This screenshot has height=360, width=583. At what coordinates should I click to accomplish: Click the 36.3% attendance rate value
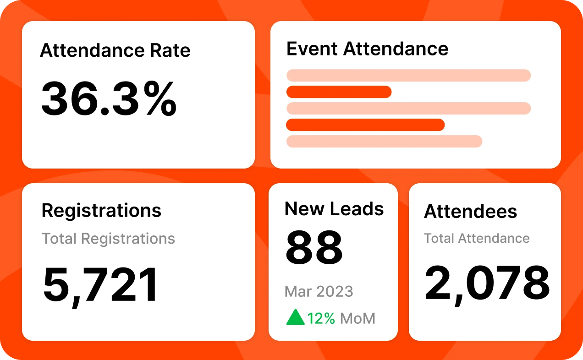pos(109,99)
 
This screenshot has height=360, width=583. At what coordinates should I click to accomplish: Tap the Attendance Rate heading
pos(115,50)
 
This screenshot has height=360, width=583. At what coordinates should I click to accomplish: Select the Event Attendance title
pos(367,49)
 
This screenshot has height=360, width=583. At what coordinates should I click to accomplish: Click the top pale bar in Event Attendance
pos(408,75)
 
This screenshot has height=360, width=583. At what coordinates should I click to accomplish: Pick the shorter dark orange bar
pos(339,92)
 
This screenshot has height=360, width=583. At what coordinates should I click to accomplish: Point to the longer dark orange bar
pos(365,125)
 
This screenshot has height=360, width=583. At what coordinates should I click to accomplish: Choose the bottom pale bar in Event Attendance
pos(384,141)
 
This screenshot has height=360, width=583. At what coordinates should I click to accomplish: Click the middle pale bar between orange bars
pos(408,108)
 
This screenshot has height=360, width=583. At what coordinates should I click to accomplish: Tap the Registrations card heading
pos(101,210)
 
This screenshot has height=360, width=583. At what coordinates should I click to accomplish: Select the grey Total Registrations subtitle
pos(108,238)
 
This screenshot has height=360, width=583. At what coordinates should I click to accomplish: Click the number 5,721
pos(101,284)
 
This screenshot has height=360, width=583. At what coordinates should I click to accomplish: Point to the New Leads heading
pos(334,208)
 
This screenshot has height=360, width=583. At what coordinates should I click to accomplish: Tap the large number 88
pos(314,248)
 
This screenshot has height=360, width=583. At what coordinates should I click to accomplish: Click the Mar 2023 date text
pos(319,291)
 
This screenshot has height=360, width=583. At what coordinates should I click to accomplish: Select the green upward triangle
pos(295,317)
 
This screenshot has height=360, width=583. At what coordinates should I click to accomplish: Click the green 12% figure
pos(321,318)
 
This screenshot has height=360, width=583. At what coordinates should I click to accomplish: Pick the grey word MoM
pos(357,318)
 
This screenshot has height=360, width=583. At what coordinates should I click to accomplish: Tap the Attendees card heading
pos(470,211)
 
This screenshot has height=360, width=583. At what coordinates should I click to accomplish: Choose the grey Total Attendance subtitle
pos(477,238)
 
